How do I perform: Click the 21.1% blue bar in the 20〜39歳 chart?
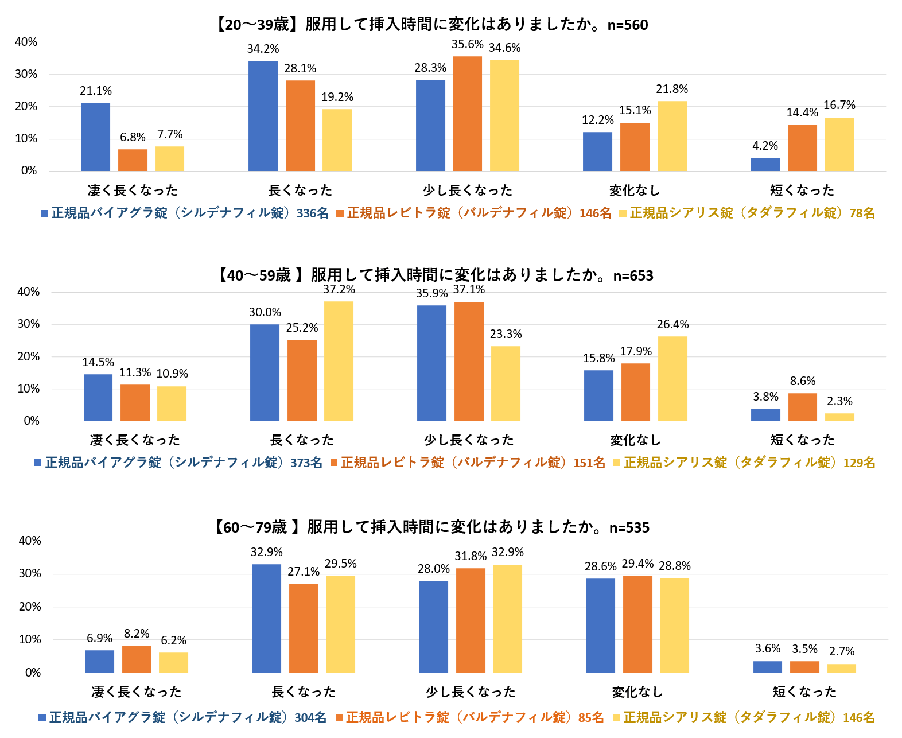pyautogui.click(x=95, y=137)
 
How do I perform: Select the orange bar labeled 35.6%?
pyautogui.click(x=467, y=114)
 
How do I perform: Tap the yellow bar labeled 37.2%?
pyautogui.click(x=339, y=361)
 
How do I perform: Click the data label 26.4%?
pyautogui.click(x=672, y=324)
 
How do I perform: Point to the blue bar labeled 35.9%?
pyautogui.click(x=431, y=363)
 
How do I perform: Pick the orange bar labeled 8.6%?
pyautogui.click(x=802, y=407)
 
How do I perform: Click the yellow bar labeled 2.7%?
pyautogui.click(x=841, y=668)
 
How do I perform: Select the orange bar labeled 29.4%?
pyautogui.click(x=637, y=624)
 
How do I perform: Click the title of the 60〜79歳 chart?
pyautogui.click(x=432, y=527)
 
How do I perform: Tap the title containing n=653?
pyautogui.click(x=436, y=275)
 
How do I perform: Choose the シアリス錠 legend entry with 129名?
pyautogui.click(x=744, y=463)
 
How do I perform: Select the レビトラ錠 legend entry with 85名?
pyautogui.click(x=469, y=717)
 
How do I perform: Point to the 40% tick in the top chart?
pyautogui.click(x=26, y=42)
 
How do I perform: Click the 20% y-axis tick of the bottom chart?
pyautogui.click(x=30, y=607)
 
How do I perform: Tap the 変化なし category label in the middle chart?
pyautogui.click(x=635, y=440)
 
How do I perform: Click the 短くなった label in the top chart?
pyautogui.click(x=802, y=191)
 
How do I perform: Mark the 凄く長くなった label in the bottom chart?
pyautogui.click(x=137, y=692)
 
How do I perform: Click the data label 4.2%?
pyautogui.click(x=765, y=146)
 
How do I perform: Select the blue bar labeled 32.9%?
pyautogui.click(x=266, y=618)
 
